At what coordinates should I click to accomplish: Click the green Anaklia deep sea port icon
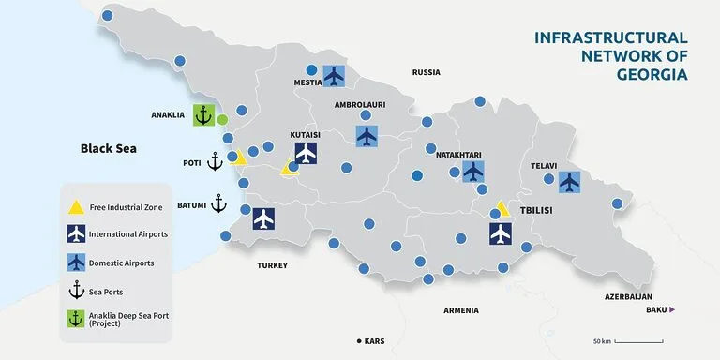point(204,115)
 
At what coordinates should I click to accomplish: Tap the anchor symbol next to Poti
point(215,161)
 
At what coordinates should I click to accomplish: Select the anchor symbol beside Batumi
point(219,202)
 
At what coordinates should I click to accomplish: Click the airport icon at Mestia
point(334,75)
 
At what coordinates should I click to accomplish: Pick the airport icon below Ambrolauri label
point(367,136)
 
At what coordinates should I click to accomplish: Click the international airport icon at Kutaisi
point(306,153)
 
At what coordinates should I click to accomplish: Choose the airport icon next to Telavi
point(569,182)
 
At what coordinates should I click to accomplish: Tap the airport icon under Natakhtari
point(473,172)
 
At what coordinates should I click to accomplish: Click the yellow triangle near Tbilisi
point(502,209)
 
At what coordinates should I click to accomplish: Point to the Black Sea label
point(109,148)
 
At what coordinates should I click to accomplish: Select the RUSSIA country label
point(427,72)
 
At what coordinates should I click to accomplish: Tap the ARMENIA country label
point(459,310)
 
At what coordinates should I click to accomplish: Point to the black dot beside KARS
point(358,340)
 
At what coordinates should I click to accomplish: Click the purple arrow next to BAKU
point(671,309)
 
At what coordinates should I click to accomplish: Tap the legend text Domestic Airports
point(122,263)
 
